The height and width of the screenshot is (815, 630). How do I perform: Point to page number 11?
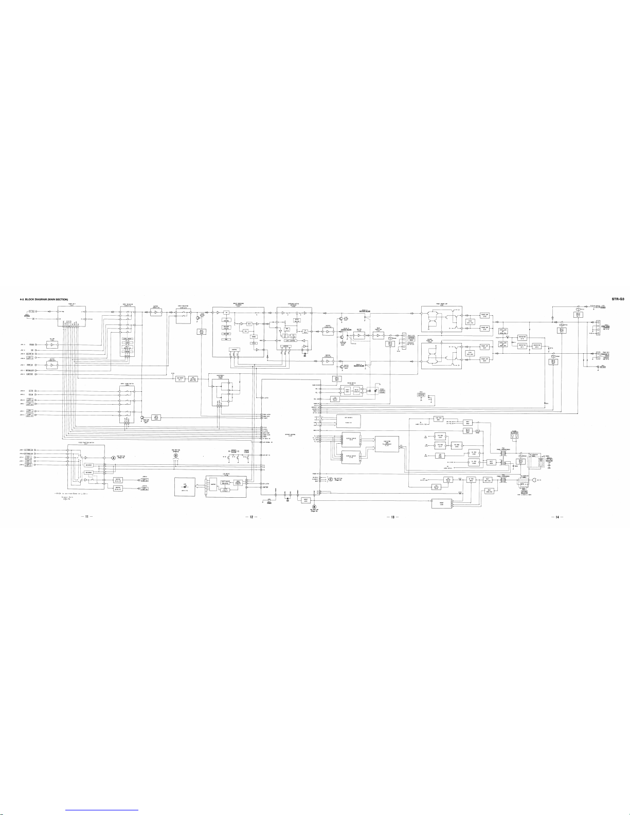[87, 516]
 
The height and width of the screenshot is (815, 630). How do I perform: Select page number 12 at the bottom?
[251, 516]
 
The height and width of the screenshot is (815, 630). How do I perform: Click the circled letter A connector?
[114, 458]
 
